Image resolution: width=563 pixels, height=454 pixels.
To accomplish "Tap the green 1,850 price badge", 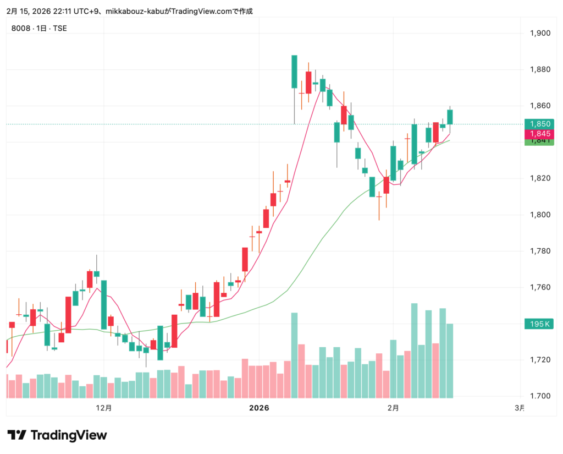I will coord(539,124).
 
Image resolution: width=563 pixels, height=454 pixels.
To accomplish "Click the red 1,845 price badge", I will coord(539,134).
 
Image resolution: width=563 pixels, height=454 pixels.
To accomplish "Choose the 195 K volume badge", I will coord(539,324).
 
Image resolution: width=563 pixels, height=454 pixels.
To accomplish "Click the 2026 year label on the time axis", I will coord(258,408).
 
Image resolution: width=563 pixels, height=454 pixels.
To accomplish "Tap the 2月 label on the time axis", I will coord(393,408).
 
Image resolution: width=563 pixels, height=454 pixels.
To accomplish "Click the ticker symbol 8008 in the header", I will coord(19,28).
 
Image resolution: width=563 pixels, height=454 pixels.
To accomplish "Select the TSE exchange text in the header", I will coord(59,28).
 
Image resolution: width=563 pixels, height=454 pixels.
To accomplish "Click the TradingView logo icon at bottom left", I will coord(16,435).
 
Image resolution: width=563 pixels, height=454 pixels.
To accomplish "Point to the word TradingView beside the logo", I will coord(69,435).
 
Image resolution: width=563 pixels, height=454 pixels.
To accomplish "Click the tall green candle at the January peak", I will coord(294,72).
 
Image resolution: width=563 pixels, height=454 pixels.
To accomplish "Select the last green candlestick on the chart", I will coord(450,117).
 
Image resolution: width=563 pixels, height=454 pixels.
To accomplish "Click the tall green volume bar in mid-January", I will coord(294,355).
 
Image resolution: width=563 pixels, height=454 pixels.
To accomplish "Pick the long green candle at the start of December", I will coord(103,305).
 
